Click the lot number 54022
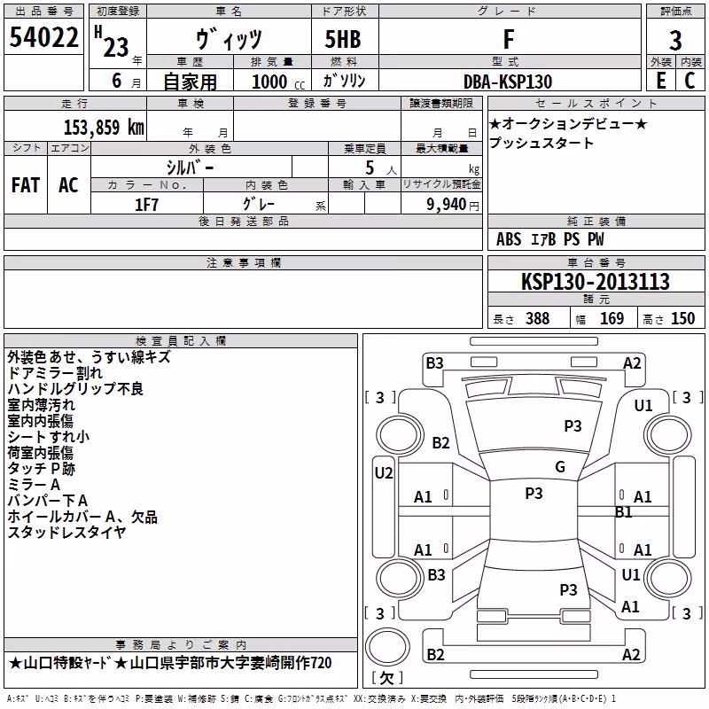tap(43, 37)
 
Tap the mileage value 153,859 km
tap(104, 127)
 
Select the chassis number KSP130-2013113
tap(596, 281)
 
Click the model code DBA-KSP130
tap(508, 82)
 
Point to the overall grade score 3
tap(675, 40)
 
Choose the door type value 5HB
tap(343, 39)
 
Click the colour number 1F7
tap(146, 205)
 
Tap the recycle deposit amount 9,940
tap(447, 204)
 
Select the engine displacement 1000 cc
tap(278, 82)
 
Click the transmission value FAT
tap(26, 184)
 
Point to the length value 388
tap(538, 318)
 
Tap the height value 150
tap(682, 318)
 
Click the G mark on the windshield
tap(560, 466)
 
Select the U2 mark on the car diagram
tap(384, 473)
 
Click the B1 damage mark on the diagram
tap(624, 512)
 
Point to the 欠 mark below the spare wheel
tap(386, 677)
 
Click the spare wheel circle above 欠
tap(387, 647)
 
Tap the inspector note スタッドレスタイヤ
tap(67, 533)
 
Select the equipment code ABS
tap(509, 239)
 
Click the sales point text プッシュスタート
tap(541, 143)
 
